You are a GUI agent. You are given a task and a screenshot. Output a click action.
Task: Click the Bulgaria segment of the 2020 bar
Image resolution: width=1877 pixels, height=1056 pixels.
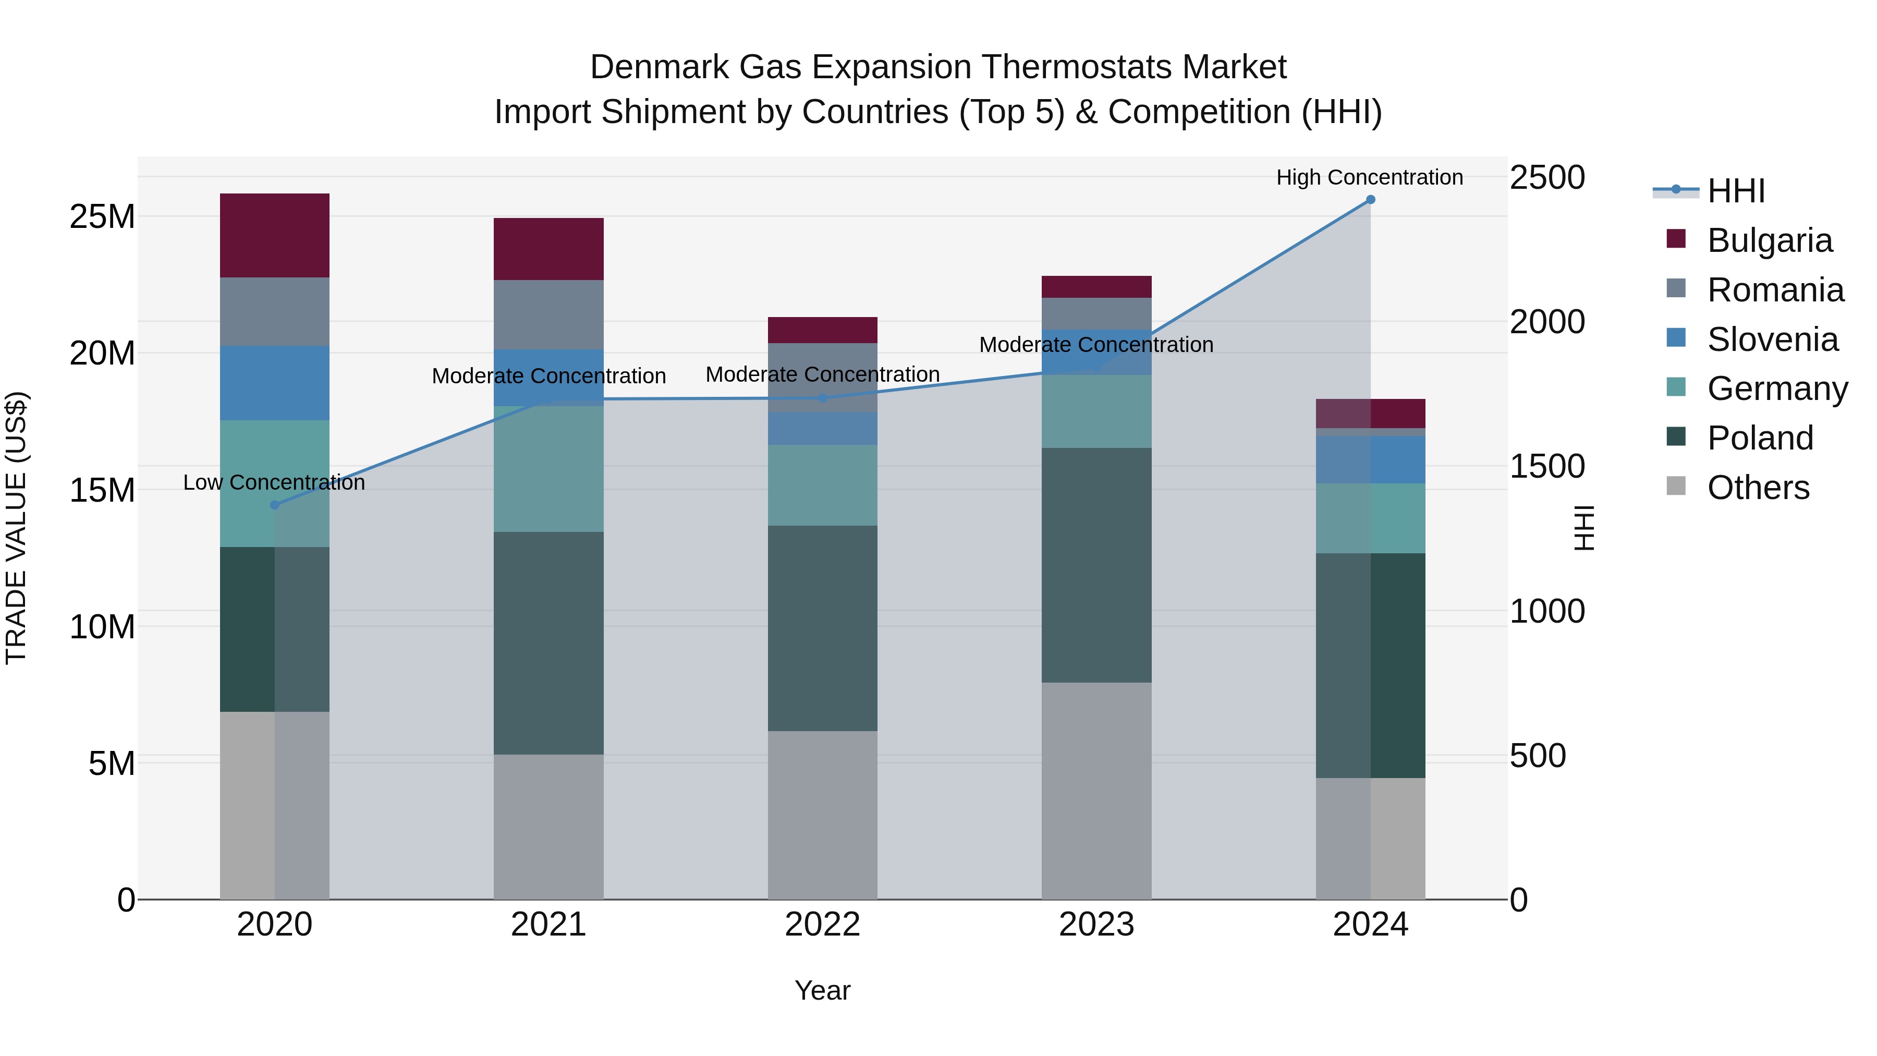coord(275,235)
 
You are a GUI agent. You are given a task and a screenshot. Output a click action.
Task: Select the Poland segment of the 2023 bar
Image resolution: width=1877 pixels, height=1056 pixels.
coord(1096,565)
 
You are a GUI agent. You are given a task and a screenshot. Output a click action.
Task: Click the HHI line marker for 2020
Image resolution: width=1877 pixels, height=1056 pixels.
coord(275,504)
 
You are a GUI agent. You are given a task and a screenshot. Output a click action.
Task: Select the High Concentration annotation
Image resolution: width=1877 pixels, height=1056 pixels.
coord(1369,177)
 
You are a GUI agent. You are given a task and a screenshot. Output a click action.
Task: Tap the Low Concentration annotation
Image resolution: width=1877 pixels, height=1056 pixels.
coord(274,482)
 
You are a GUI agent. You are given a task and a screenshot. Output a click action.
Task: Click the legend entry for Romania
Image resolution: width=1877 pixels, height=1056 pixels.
coord(1775,290)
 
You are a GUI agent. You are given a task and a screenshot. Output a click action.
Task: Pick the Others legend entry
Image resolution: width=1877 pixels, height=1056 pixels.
coord(1758,488)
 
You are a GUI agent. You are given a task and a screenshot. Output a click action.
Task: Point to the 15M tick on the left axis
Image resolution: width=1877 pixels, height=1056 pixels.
coord(102,490)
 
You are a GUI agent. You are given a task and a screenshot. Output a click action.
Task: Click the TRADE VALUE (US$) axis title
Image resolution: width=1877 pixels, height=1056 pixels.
coord(16,528)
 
